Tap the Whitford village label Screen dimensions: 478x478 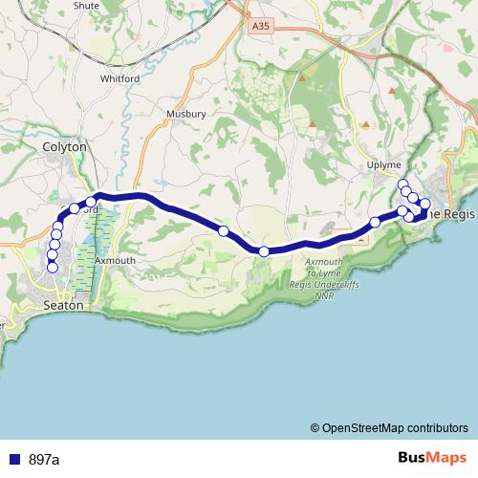click(x=119, y=79)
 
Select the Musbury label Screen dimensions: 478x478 click(x=185, y=114)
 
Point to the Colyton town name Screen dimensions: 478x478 click(x=64, y=147)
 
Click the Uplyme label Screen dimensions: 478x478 click(x=384, y=165)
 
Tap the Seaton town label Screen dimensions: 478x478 click(x=65, y=305)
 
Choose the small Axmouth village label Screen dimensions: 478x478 click(x=117, y=260)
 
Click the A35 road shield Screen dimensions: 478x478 click(x=258, y=28)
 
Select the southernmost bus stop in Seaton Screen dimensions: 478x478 click(x=53, y=268)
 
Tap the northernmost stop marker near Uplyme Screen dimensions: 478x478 click(x=403, y=185)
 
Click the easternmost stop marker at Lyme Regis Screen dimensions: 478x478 click(x=425, y=204)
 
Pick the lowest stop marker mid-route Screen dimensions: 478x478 click(x=264, y=251)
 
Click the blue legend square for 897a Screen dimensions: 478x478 click(x=13, y=460)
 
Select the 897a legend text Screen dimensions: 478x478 click(x=44, y=460)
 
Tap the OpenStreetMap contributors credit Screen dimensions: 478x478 click(x=389, y=428)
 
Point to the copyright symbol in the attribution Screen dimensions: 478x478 click(x=315, y=428)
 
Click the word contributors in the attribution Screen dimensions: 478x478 click(x=433, y=428)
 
